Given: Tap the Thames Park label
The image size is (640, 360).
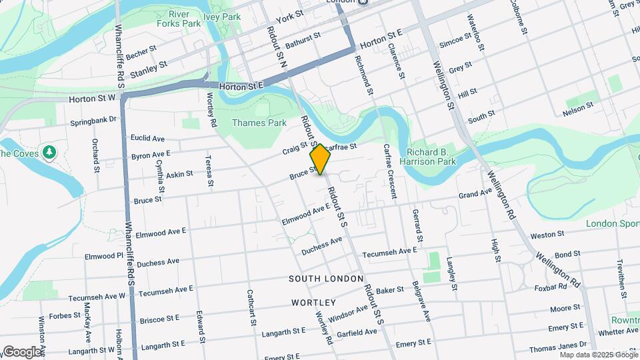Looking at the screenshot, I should point(259,123).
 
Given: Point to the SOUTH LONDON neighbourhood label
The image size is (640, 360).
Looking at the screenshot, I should point(327,278).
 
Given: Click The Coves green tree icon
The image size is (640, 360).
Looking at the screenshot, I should point(49,153).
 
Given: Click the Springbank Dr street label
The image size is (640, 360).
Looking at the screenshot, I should point(93,122).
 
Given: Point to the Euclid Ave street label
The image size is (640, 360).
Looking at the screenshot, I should point(147,139).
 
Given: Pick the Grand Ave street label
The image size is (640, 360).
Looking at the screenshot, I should point(475,194).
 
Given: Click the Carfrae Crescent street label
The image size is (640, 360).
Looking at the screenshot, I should point(389,172).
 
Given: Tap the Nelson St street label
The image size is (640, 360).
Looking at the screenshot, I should point(577,107).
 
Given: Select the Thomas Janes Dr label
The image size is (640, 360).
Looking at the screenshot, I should point(557,348).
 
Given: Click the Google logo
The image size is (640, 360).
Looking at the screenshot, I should point(22,351).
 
